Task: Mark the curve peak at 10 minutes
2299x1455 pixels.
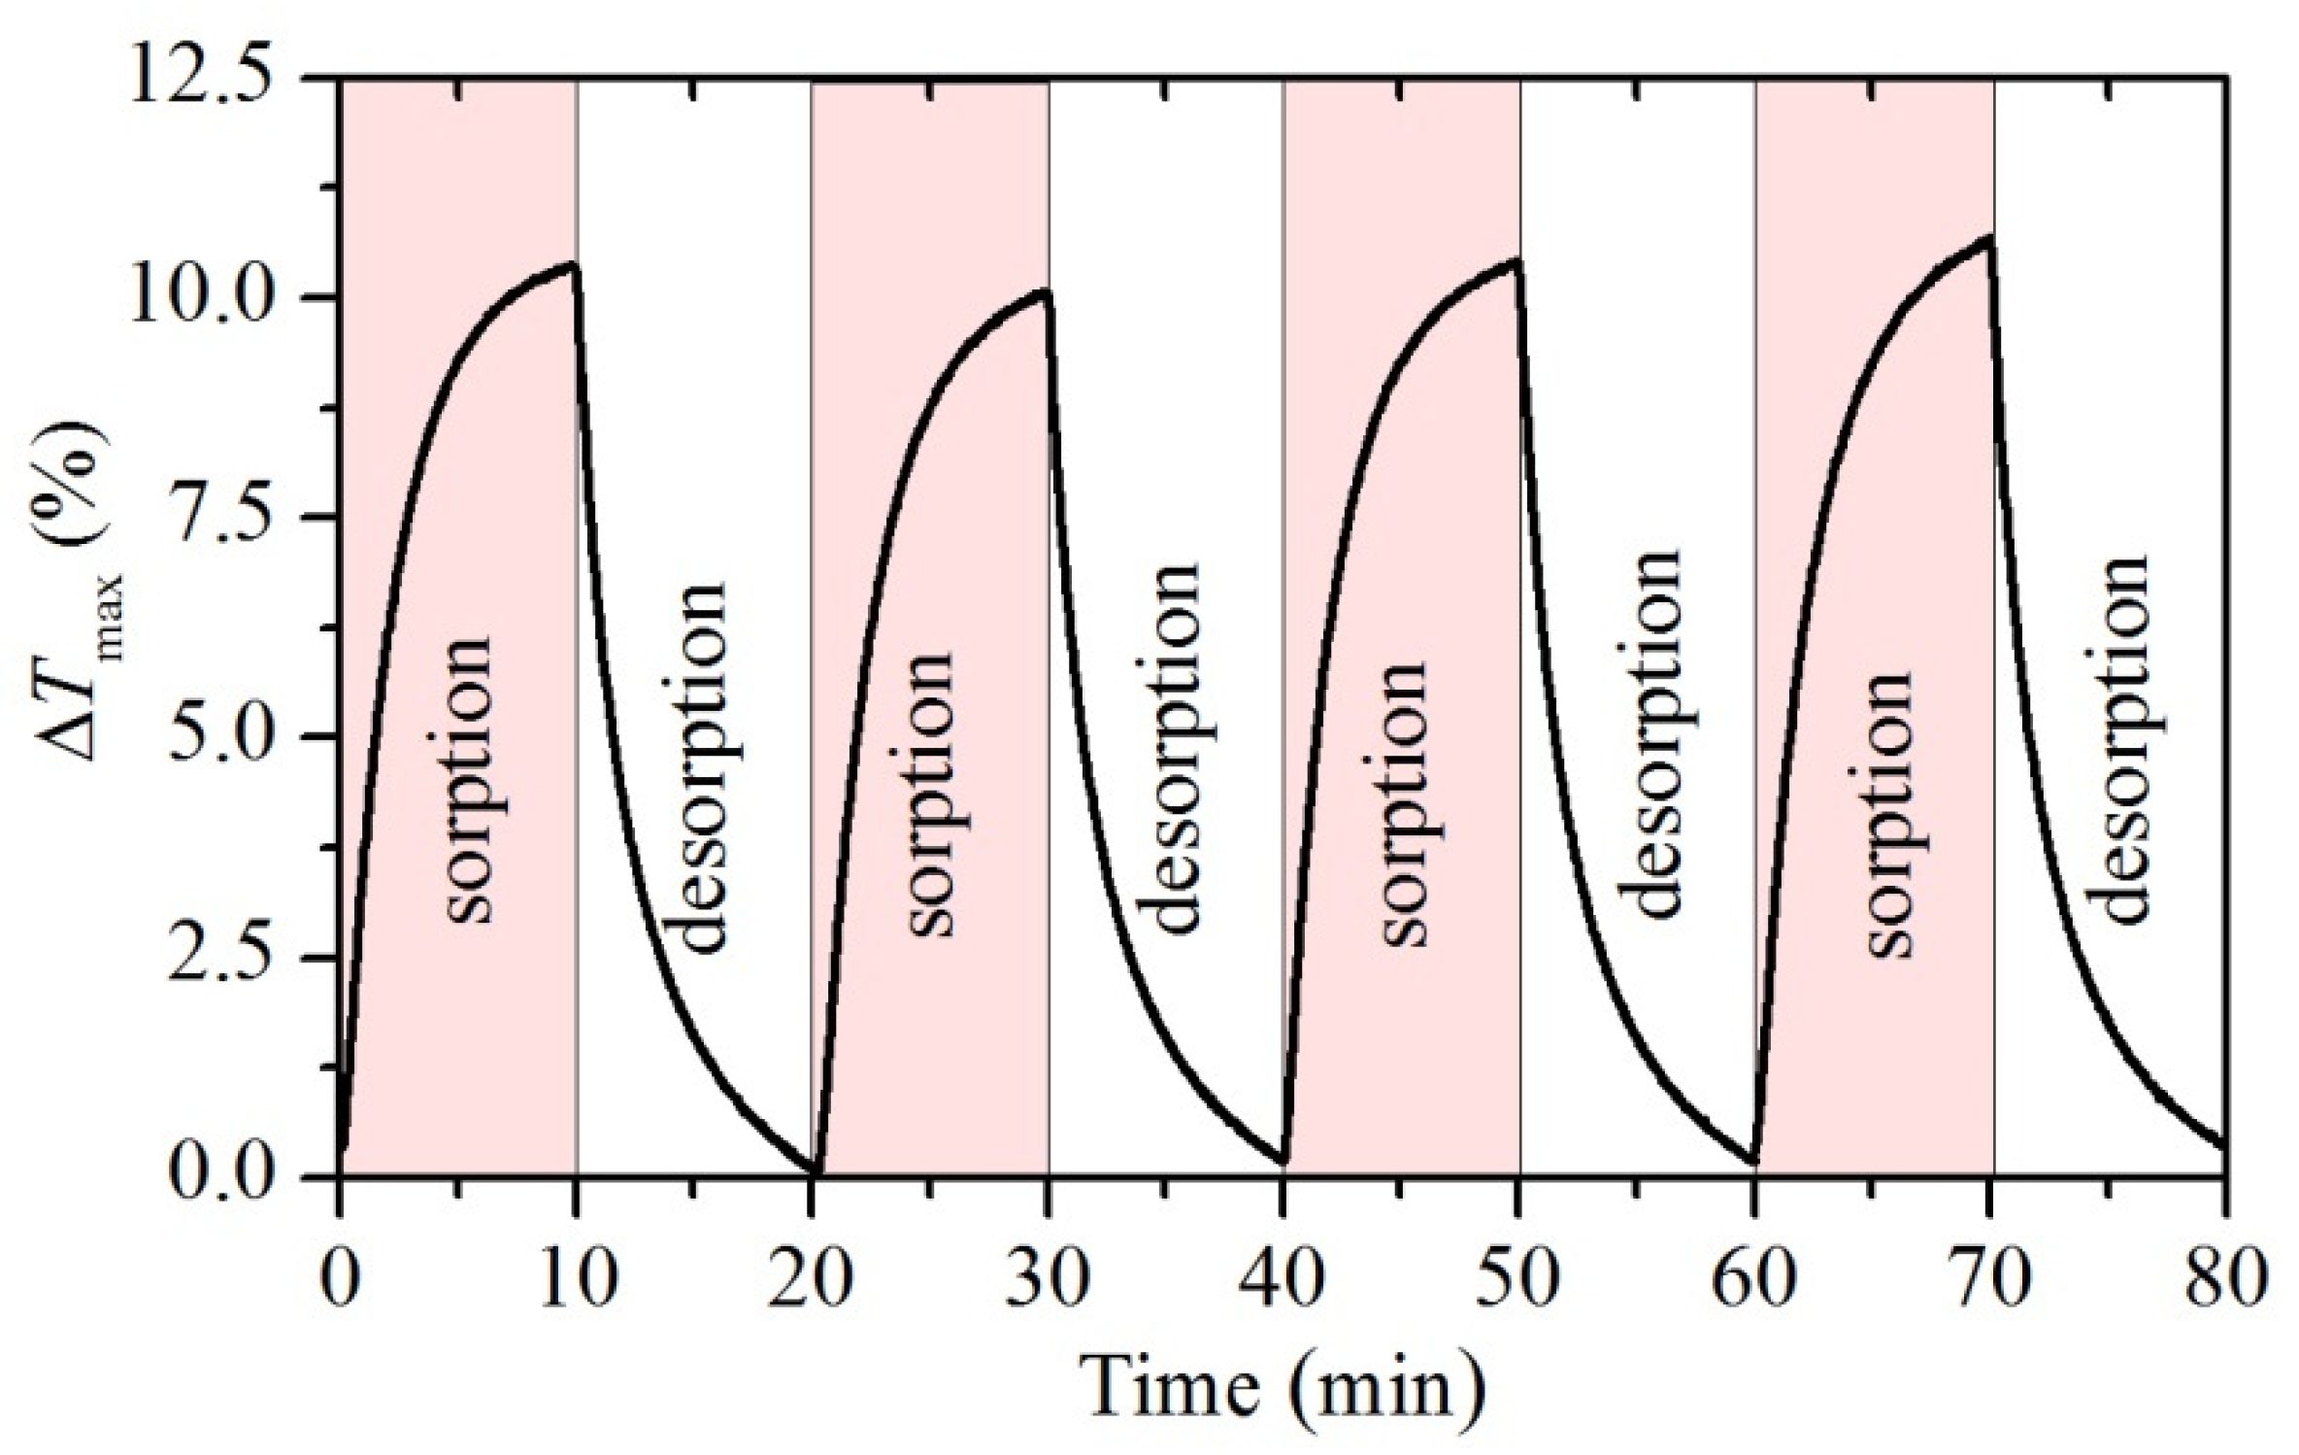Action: (x=575, y=263)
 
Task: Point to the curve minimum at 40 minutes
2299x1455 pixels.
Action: (x=1285, y=1162)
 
